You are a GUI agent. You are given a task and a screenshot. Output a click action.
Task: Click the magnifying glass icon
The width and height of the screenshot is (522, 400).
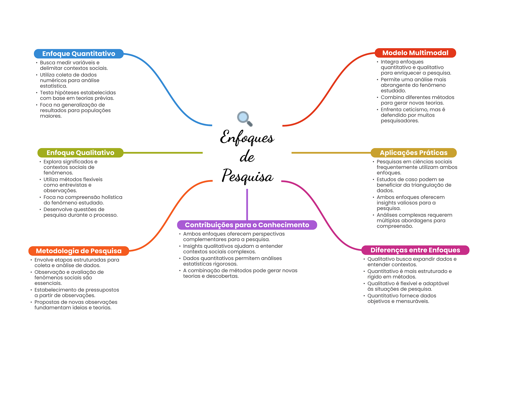[x=244, y=118]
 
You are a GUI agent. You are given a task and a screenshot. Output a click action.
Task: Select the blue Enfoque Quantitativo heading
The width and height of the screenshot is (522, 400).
[x=79, y=54]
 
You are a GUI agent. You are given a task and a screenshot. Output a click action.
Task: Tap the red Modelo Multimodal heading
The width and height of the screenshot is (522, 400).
[x=415, y=53]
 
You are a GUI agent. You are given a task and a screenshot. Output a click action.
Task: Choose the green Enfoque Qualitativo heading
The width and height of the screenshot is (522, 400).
[x=80, y=153]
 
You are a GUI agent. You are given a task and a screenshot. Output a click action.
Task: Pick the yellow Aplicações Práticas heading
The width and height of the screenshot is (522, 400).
[x=413, y=153]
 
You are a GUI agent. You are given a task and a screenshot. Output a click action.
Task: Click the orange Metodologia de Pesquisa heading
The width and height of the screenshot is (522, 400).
[x=79, y=251]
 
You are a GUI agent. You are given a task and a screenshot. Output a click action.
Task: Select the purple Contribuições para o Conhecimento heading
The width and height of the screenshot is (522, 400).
[x=247, y=225]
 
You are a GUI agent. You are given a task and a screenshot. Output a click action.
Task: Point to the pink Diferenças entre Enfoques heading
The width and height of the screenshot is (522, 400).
[x=415, y=250]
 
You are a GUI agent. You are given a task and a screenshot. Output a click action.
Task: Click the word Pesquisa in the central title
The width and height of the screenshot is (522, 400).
[x=247, y=176]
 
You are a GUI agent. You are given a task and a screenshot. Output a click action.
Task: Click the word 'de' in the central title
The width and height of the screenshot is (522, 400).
[x=247, y=157]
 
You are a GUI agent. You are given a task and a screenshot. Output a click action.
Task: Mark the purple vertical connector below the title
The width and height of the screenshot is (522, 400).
[x=247, y=204]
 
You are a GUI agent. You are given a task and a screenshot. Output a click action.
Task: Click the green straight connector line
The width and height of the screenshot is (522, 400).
[x=163, y=153]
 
